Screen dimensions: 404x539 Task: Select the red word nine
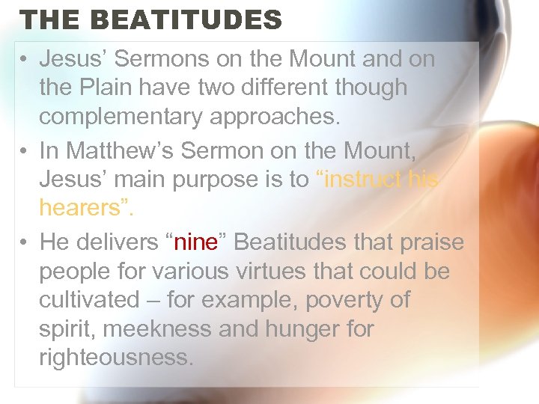196,242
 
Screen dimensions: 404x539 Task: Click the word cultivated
89,300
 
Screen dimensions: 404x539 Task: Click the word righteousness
116,358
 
